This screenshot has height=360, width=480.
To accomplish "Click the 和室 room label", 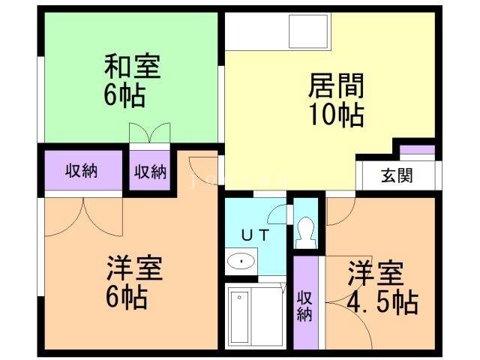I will (131, 67).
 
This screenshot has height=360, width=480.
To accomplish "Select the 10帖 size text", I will (335, 115).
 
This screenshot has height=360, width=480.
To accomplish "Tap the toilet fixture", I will (305, 232).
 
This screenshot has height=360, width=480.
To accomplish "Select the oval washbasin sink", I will (241, 262).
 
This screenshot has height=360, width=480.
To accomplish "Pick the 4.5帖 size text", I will (382, 302).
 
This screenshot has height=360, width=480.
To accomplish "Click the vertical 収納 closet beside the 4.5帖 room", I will (305, 304).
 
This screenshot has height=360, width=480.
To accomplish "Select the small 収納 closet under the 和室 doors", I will (150, 171).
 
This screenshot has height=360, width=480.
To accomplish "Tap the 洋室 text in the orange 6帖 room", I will (135, 268).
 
